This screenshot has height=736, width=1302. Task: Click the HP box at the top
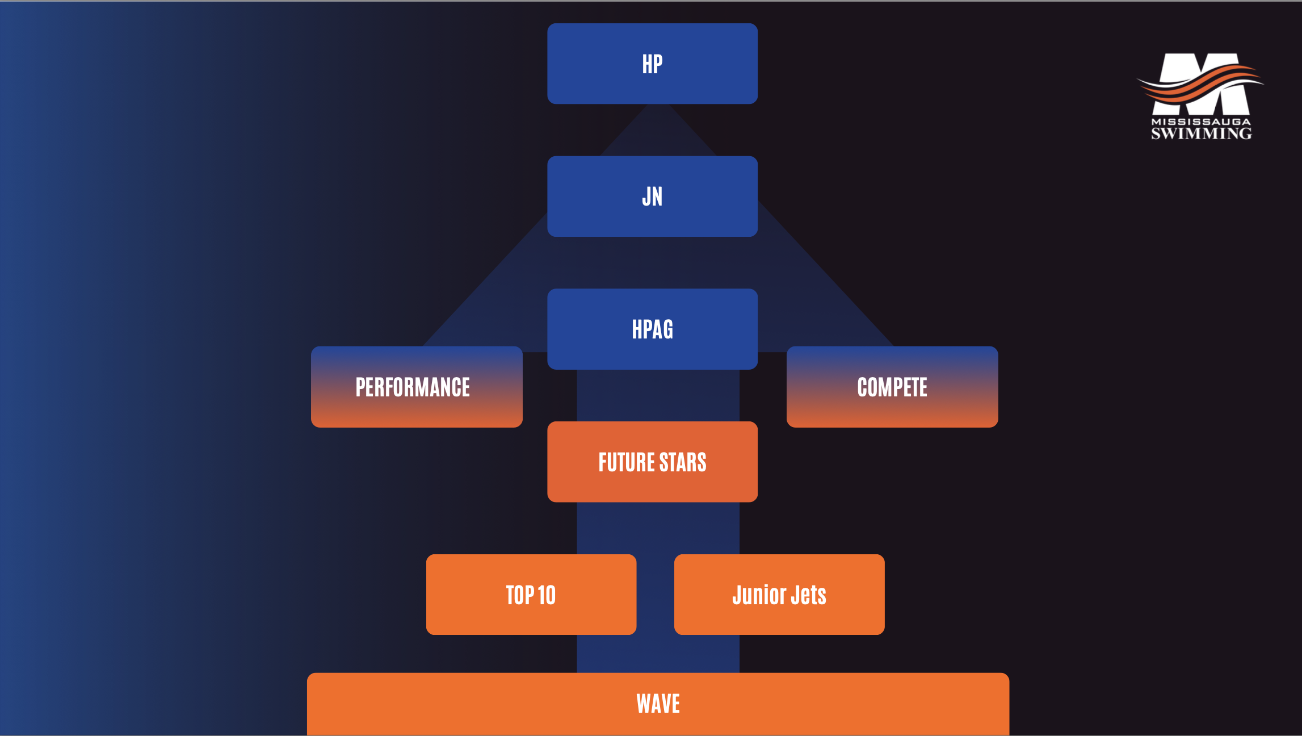tap(652, 64)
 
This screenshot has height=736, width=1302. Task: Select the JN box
tap(652, 196)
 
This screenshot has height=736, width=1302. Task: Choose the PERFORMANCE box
tap(416, 387)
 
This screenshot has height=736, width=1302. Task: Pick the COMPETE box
tap(892, 387)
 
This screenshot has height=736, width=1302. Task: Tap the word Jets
tap(808, 595)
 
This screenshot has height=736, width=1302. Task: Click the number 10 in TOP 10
tap(546, 595)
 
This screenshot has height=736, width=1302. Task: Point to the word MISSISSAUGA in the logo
tap(1200, 122)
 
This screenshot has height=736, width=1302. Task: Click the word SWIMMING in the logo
tap(1201, 133)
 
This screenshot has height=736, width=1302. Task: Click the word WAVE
tap(658, 704)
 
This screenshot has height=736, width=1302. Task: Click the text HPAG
tap(652, 329)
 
